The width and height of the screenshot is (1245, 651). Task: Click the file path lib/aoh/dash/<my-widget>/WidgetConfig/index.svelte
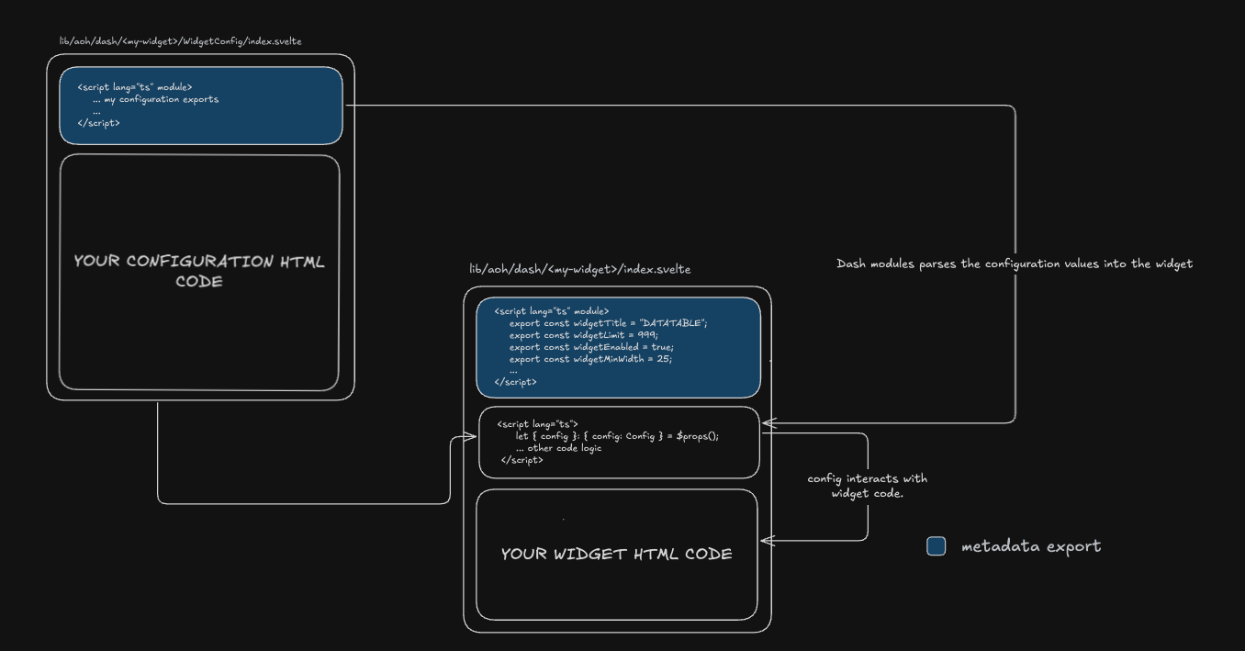(x=181, y=42)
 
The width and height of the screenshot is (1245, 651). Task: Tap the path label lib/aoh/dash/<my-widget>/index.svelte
(x=579, y=269)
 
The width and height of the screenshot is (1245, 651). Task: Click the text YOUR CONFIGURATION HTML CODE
(x=199, y=271)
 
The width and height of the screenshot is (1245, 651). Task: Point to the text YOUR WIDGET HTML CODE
(x=616, y=554)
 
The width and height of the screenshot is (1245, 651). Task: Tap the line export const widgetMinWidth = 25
(x=590, y=359)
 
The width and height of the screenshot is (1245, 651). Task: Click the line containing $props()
(x=616, y=436)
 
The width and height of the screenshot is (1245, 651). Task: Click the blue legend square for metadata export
(x=936, y=546)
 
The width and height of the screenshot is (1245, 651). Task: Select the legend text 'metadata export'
(x=1030, y=546)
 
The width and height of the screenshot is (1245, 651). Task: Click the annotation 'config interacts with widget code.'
(x=867, y=486)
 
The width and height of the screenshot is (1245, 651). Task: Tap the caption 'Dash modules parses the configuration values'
(x=1014, y=264)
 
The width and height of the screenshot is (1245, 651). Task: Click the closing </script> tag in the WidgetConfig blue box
(x=99, y=122)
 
